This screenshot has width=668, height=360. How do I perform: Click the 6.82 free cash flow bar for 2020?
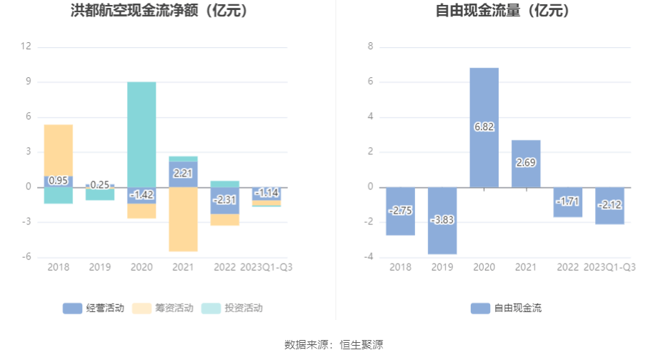484,100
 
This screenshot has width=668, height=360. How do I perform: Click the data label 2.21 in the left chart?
184,173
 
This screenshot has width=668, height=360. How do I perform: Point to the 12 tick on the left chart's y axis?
26,47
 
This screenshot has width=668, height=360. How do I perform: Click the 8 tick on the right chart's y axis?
371,47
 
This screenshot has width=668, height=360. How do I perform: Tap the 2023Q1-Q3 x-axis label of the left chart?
266,267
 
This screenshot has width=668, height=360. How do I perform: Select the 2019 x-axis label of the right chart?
442,267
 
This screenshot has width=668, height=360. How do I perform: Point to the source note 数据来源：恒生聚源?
334,344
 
